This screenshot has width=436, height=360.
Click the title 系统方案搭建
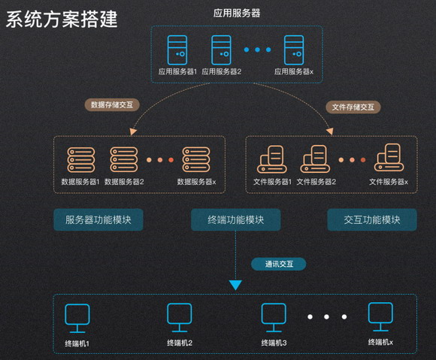(x=62, y=19)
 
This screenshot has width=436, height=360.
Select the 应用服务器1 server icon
(x=177, y=50)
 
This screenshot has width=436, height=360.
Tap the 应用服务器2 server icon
(x=221, y=50)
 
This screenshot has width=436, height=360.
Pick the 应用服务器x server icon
(x=294, y=50)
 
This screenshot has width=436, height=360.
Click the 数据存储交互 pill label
(x=112, y=104)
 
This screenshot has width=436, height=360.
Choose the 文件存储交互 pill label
(x=353, y=107)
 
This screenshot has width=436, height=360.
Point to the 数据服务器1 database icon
(x=81, y=160)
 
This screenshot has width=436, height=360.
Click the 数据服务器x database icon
(x=196, y=159)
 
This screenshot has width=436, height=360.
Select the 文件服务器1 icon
(x=271, y=159)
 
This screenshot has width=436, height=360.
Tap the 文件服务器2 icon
(x=315, y=159)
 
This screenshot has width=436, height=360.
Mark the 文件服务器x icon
(x=389, y=158)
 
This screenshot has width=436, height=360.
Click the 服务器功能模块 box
(x=98, y=219)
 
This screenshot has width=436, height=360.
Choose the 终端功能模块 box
(x=235, y=219)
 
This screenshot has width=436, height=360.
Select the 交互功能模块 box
(x=372, y=219)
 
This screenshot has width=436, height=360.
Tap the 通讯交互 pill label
(x=279, y=264)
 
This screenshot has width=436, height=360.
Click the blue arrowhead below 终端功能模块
(x=235, y=285)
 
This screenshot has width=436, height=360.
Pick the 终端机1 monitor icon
(x=77, y=319)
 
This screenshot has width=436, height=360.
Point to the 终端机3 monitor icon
(x=274, y=318)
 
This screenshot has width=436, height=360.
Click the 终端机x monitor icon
(x=380, y=317)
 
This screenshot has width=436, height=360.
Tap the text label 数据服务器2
(x=124, y=182)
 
